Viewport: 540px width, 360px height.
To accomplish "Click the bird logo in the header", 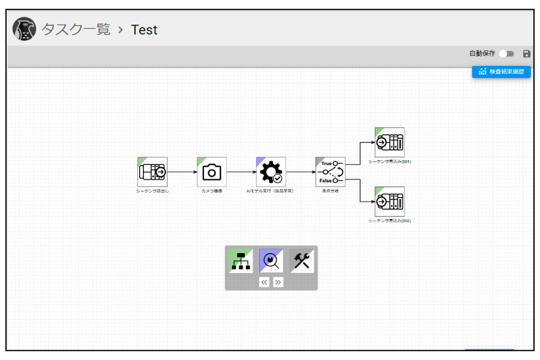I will tap(24, 29).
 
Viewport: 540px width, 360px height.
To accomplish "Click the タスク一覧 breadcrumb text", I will tap(76, 29).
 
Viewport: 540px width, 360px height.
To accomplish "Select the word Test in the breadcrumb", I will tap(144, 29).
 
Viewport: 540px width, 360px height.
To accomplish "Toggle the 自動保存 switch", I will tap(506, 54).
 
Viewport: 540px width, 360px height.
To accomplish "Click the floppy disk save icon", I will tap(527, 54).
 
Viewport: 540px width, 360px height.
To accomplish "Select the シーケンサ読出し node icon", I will tap(152, 172).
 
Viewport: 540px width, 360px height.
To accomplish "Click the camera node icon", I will tap(212, 172).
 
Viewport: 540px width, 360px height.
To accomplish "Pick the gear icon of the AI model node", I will tap(271, 172).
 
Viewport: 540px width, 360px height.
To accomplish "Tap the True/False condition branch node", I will tap(331, 172).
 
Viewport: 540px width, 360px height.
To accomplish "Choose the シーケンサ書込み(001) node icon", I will tap(390, 142).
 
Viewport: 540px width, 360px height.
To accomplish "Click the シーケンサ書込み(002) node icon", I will tap(390, 202).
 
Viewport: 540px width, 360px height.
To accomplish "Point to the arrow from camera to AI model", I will tap(241, 172).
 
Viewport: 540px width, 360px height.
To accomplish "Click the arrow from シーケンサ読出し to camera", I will tap(182, 172).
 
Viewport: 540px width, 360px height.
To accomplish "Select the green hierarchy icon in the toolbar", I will tap(241, 261).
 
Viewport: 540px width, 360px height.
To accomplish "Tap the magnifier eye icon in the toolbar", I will tap(271, 261).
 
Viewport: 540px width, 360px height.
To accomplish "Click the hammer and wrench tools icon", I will tap(302, 261).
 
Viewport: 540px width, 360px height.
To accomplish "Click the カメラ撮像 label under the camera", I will tap(212, 191).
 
